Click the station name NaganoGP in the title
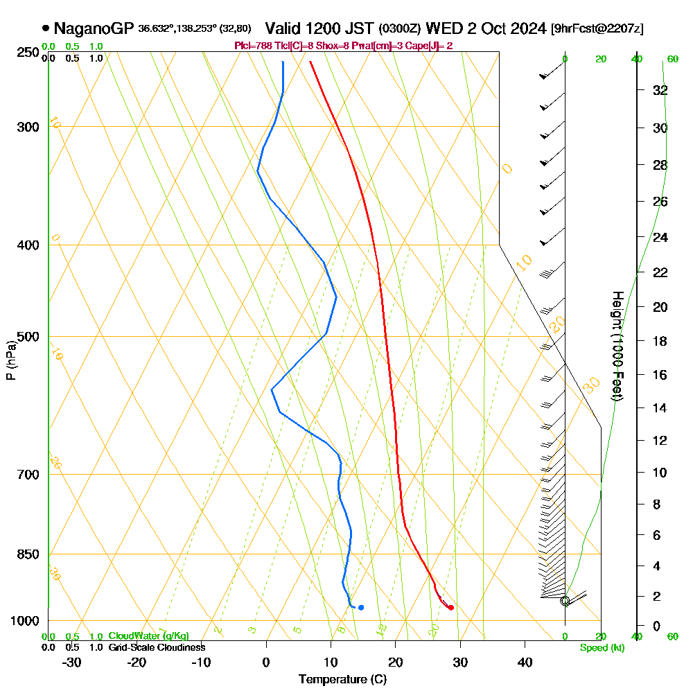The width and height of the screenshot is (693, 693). click(x=93, y=28)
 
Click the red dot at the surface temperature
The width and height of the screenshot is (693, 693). click(x=451, y=608)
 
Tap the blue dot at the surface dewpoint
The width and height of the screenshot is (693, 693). click(x=361, y=608)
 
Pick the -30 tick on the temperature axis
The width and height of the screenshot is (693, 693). click(x=71, y=662)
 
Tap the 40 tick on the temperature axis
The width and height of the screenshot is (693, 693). click(x=525, y=662)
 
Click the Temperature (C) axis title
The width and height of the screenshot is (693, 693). click(x=342, y=680)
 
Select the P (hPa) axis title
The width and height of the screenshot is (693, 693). click(x=10, y=360)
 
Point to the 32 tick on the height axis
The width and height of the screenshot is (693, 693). click(x=660, y=90)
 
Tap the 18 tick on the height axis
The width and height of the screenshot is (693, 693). click(x=660, y=341)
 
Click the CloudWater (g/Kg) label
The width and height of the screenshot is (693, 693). click(x=148, y=636)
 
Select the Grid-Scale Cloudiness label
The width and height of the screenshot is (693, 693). click(x=157, y=647)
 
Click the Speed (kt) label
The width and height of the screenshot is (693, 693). click(x=602, y=647)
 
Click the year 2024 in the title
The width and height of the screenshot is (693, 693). click(x=525, y=28)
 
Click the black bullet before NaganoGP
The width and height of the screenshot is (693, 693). click(x=46, y=28)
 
